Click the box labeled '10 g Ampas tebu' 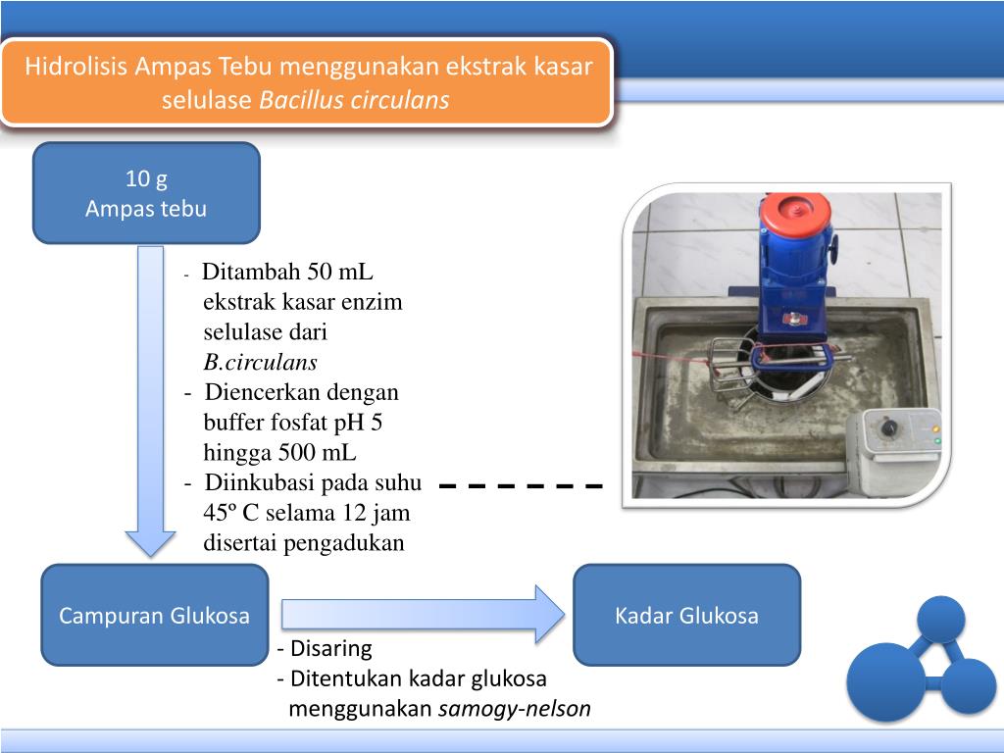click(146, 193)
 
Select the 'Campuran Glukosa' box click(154, 616)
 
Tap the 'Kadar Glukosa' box click(686, 616)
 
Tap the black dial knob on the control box click(889, 428)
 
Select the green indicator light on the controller click(937, 442)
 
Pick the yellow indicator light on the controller click(937, 428)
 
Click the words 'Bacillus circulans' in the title click(354, 100)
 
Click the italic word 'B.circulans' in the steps click(260, 363)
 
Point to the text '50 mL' click(341, 272)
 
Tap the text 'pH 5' click(376, 423)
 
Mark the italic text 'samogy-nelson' click(515, 709)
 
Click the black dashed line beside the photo click(521, 485)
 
